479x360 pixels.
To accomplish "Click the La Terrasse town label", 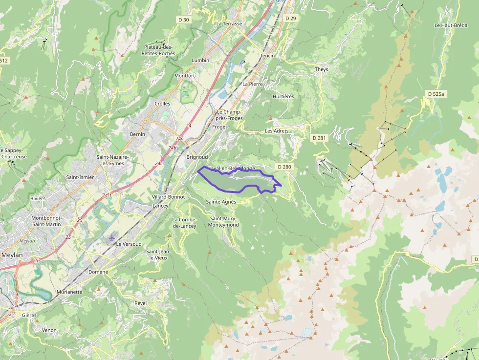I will tap(229, 23).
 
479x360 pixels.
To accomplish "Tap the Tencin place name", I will tap(267, 56).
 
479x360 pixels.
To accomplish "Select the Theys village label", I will tap(322, 69).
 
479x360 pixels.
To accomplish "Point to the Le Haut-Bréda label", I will tap(451, 25).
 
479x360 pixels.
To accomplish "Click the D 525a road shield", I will tap(435, 93).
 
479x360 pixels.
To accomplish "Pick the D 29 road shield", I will tap(290, 18).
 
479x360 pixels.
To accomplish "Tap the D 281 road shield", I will tap(319, 138).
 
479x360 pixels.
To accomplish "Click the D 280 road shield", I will tap(284, 167).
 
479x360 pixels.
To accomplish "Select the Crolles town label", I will tap(162, 104).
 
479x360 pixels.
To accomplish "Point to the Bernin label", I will tap(137, 134).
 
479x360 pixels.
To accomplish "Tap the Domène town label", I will tap(98, 271).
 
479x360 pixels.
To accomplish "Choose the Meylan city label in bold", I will tap(12, 254).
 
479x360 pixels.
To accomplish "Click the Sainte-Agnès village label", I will tap(221, 202).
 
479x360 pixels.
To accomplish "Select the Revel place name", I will tap(140, 303).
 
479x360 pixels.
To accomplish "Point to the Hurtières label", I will tap(283, 96).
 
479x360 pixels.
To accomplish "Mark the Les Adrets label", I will tap(277, 131).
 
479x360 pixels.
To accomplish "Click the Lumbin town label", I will tap(200, 60).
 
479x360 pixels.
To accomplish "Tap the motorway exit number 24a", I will tap(179, 139).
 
